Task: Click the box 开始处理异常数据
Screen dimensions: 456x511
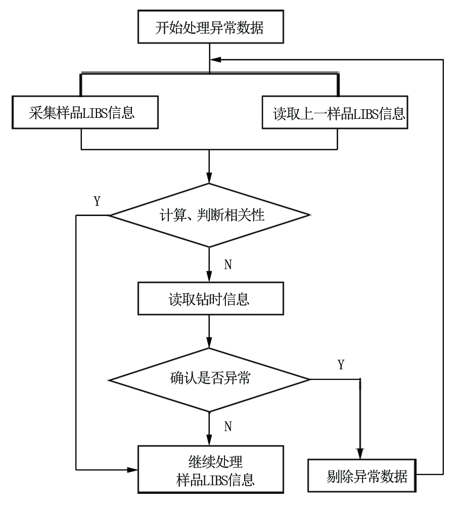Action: tap(211, 27)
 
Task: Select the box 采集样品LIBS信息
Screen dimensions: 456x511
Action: tap(85, 112)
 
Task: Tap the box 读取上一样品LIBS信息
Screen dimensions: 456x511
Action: tap(335, 112)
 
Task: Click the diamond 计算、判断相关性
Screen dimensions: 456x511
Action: tap(209, 216)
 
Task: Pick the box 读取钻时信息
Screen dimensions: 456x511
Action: tap(211, 299)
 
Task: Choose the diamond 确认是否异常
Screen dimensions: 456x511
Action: tap(209, 380)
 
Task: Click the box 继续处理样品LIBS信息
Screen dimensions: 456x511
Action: tap(211, 470)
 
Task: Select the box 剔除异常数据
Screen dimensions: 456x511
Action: tap(362, 476)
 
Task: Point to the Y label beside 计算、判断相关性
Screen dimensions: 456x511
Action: tap(97, 201)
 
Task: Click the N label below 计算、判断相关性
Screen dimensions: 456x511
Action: tap(228, 265)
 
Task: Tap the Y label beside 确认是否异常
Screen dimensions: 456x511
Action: tap(341, 365)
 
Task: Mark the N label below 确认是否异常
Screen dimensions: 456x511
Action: tap(228, 427)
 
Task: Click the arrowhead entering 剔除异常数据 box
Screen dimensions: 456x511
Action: tap(360, 454)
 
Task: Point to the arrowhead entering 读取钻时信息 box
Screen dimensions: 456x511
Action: tap(209, 277)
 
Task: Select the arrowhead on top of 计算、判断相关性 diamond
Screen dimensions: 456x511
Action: tap(209, 178)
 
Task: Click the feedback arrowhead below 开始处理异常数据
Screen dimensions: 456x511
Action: tap(216, 60)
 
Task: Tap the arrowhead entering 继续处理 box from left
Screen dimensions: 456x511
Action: tap(132, 470)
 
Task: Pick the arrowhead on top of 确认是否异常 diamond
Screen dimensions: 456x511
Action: tap(209, 343)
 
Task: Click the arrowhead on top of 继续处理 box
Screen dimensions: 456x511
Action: tap(209, 440)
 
